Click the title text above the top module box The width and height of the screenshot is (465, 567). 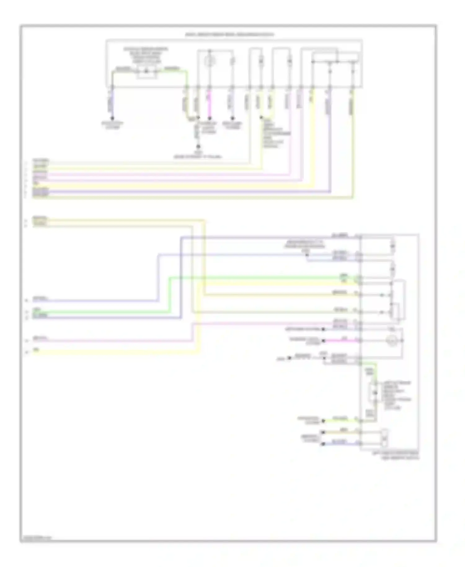(229, 35)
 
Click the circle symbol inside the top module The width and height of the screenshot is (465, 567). (210, 62)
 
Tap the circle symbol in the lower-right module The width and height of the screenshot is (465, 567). (392, 341)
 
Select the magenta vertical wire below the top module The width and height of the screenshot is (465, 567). (210, 102)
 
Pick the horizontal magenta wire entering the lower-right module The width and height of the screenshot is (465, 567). (341, 341)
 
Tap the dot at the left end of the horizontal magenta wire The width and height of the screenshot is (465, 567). (323, 341)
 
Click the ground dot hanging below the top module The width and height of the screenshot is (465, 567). (198, 146)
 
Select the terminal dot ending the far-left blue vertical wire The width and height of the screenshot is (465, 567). (113, 118)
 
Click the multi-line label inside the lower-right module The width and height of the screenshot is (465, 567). (397, 396)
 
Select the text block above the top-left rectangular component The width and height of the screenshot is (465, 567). (146, 56)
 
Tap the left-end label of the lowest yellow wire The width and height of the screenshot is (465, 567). (36, 350)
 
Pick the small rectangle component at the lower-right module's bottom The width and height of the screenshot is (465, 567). (385, 437)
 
